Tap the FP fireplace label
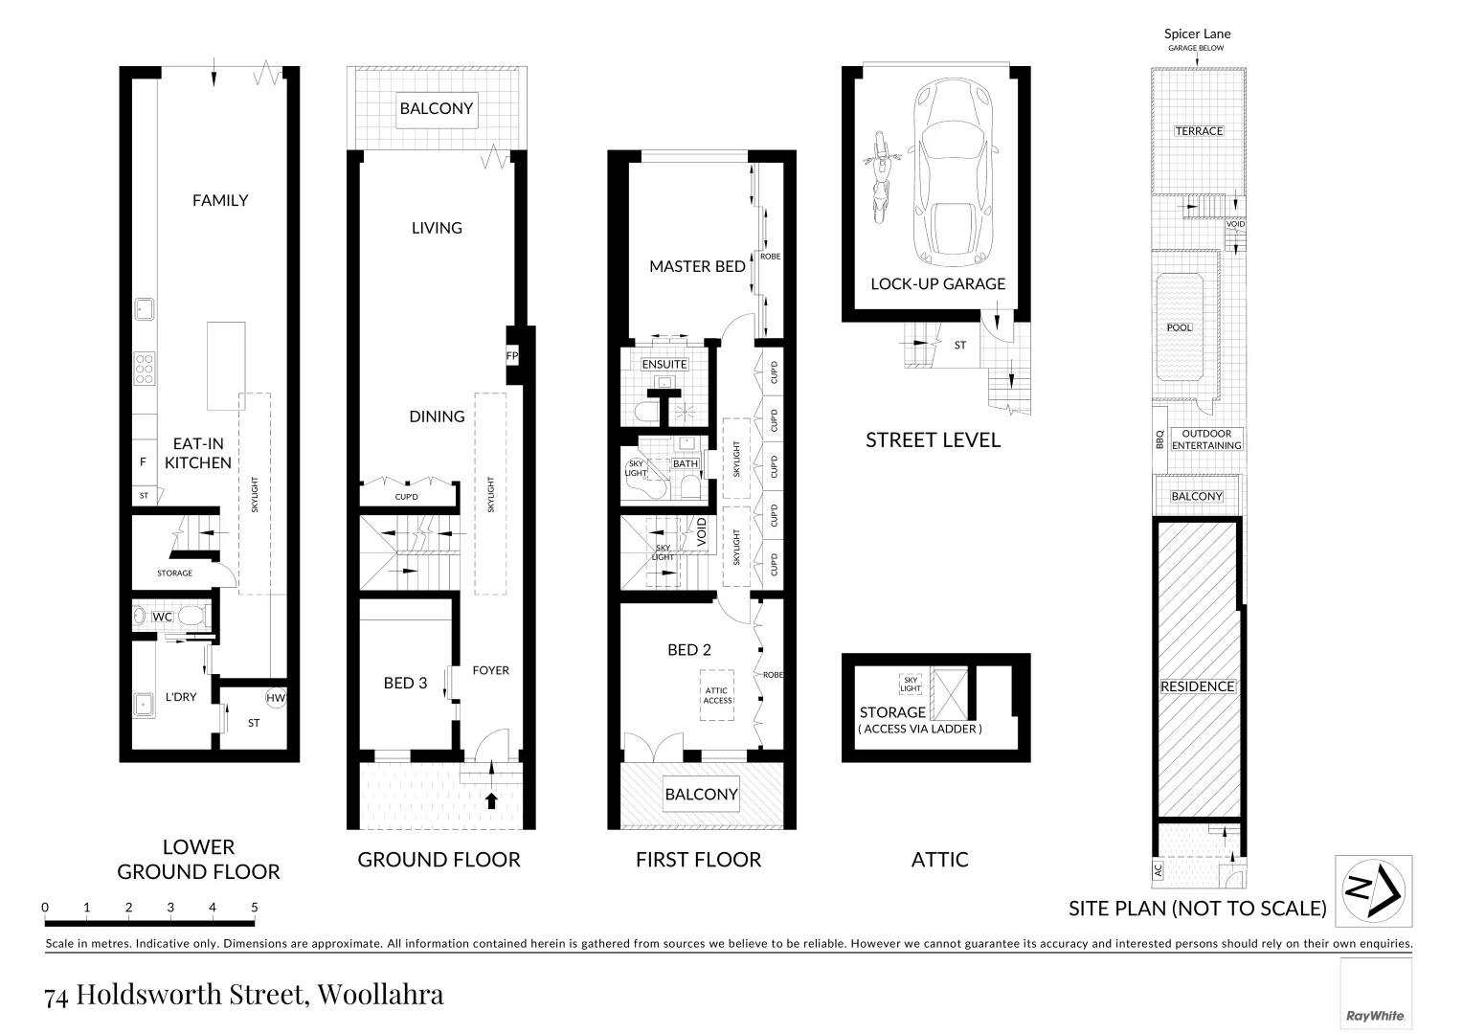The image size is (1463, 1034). pos(512,355)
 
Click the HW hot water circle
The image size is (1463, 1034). pos(276,698)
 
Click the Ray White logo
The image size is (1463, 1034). pos(1375,1016)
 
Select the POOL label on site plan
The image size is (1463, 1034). pos(1180,327)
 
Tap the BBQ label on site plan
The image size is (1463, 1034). pos(1159,439)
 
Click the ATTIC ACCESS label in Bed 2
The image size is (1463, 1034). pos(717,695)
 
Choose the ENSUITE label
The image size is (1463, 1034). pos(664,364)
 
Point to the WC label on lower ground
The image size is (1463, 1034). pos(163,617)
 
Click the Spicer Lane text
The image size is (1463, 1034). pos(1197,34)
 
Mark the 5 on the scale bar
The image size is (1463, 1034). pos(254,907)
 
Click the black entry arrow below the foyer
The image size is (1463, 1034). pos(492,800)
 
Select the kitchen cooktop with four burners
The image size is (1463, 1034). pos(145,369)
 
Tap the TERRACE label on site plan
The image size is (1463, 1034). pos(1199,131)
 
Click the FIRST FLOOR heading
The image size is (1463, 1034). pos(698,860)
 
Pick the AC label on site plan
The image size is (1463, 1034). pos(1158,870)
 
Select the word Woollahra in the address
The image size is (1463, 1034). pos(380,995)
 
